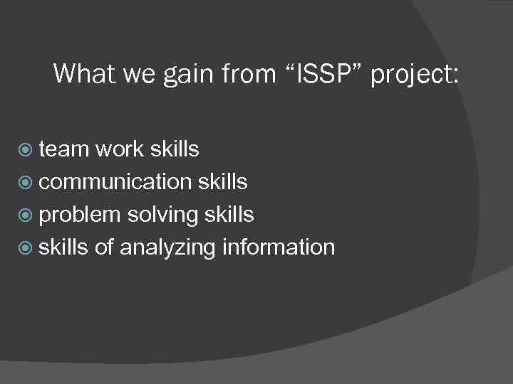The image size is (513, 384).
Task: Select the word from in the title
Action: coord(244,73)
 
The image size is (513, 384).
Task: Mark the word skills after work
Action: coord(175,149)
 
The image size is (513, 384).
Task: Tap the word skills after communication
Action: coord(222,182)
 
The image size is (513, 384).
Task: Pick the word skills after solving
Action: coord(229,215)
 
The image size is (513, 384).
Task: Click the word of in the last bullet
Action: coord(104,247)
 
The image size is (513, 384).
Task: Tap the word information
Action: coord(279,247)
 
